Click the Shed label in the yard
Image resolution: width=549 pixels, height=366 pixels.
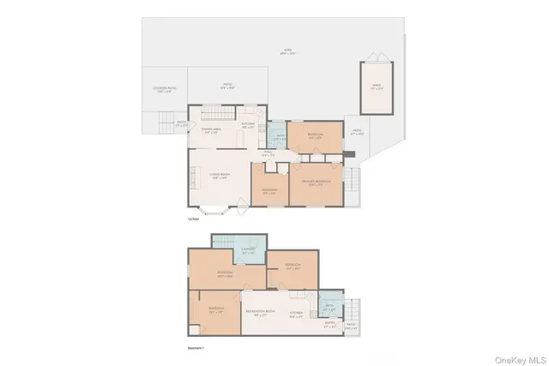point(376,86)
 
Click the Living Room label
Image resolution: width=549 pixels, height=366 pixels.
point(220,176)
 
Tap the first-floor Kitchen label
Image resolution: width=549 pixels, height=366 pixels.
point(249,129)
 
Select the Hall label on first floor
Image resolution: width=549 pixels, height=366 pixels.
point(267,154)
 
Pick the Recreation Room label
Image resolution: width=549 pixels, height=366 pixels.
point(260,311)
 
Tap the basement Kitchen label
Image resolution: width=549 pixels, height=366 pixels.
point(296,313)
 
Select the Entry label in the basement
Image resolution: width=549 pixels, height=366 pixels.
point(329,326)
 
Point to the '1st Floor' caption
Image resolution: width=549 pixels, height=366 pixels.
point(194,219)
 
